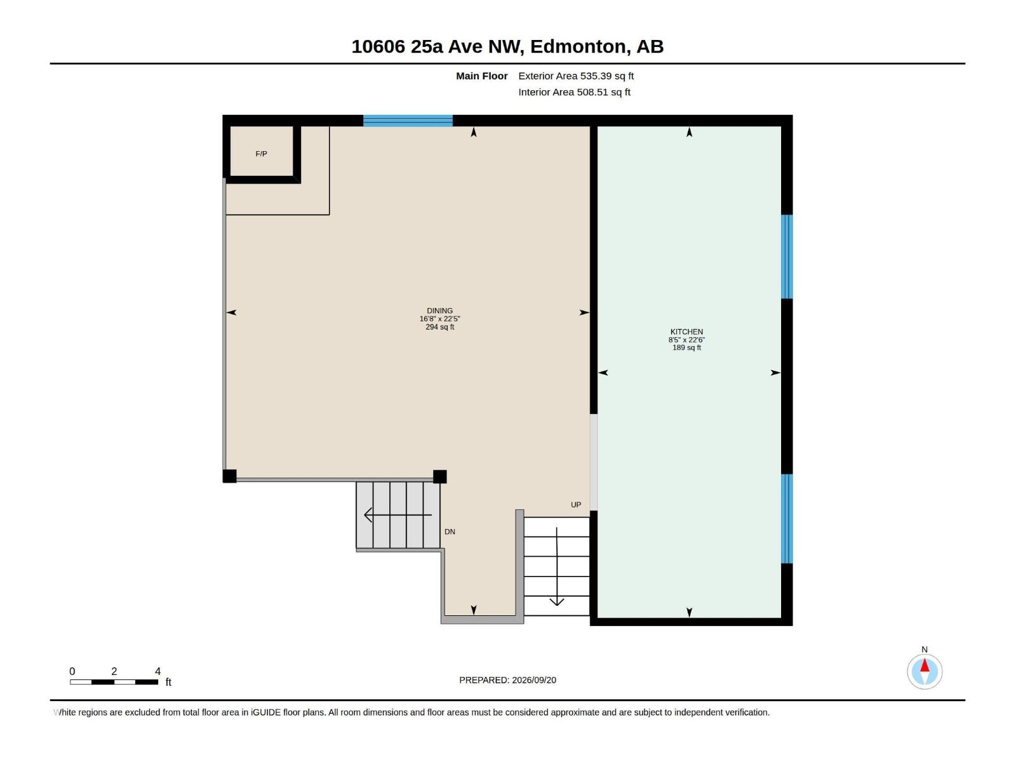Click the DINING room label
[439, 311]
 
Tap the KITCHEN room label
[686, 331]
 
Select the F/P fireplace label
[261, 154]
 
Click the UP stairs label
[575, 505]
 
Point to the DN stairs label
[450, 531]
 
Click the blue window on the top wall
[407, 120]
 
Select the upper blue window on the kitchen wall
[786, 257]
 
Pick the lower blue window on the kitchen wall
[786, 518]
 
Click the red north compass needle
[924, 665]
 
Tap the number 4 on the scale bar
[157, 671]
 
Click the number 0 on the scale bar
[72, 671]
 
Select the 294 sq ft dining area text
[439, 327]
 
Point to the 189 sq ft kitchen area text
[686, 347]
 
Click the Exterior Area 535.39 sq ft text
[575, 76]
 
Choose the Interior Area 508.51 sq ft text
[574, 92]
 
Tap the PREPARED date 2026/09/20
[533, 680]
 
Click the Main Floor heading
[481, 76]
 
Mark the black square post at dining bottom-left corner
[230, 476]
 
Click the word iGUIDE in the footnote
[265, 712]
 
